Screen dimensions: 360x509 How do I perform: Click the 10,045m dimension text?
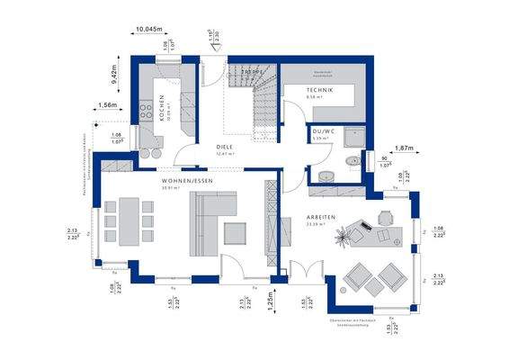click(x=151, y=30)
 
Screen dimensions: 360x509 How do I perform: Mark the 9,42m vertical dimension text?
click(x=115, y=74)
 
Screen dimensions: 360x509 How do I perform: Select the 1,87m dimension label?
click(x=404, y=147)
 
